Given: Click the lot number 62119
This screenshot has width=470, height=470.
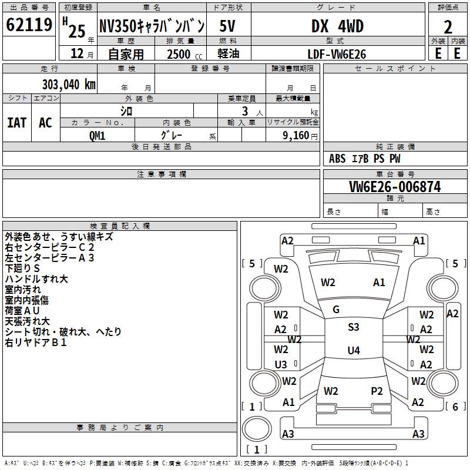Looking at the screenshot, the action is (29, 25).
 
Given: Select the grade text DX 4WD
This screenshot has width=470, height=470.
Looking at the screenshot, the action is (337, 26).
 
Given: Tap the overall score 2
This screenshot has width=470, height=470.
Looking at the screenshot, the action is (448, 27).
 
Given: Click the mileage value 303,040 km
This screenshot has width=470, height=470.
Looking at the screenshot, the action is (69, 85).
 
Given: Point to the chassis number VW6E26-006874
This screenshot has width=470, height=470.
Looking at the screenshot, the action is (395, 187).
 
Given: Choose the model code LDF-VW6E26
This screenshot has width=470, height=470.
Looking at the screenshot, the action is (337, 54).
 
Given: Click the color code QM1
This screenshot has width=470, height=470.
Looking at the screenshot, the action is (97, 136).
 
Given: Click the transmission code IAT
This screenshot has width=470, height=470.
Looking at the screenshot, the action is (17, 123).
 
